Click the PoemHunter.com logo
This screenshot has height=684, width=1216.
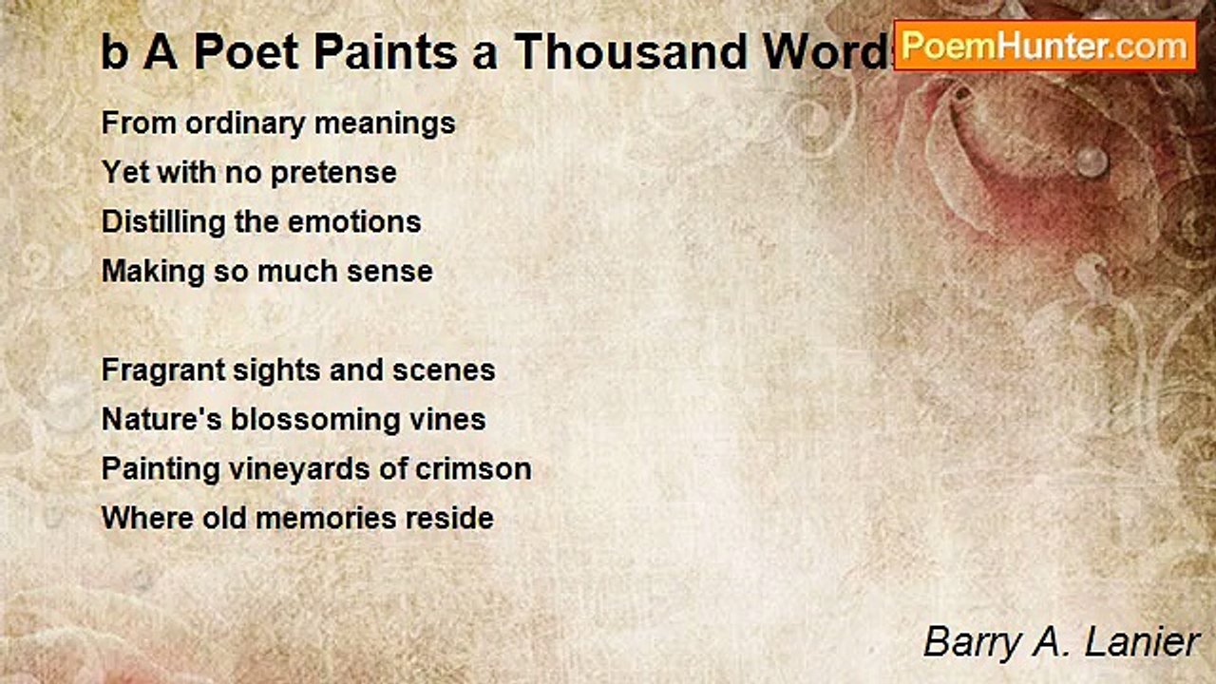[1044, 45]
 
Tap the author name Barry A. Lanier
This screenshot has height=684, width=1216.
[1061, 642]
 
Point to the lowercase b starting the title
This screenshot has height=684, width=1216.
[114, 53]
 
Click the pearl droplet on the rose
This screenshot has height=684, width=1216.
[1092, 160]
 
